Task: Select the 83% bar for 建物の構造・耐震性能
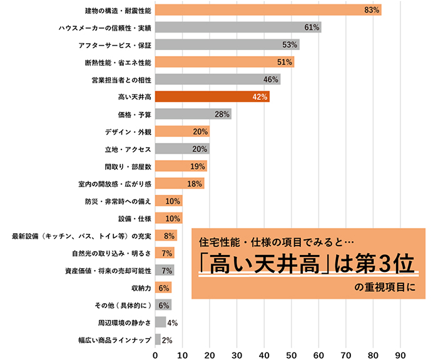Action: [268, 10]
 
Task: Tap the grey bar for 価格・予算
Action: [193, 114]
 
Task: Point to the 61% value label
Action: [312, 27]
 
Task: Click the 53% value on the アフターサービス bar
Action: [290, 45]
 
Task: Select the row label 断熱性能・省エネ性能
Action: [118, 62]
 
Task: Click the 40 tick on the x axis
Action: [264, 354]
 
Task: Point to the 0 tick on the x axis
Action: [155, 354]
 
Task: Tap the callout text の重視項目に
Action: [382, 288]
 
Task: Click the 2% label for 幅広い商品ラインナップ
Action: [167, 340]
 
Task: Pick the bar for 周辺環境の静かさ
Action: [160, 322]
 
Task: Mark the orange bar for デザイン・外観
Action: [182, 131]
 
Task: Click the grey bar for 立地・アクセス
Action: [182, 149]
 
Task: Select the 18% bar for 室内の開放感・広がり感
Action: [179, 184]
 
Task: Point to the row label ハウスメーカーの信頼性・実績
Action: [104, 27]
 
